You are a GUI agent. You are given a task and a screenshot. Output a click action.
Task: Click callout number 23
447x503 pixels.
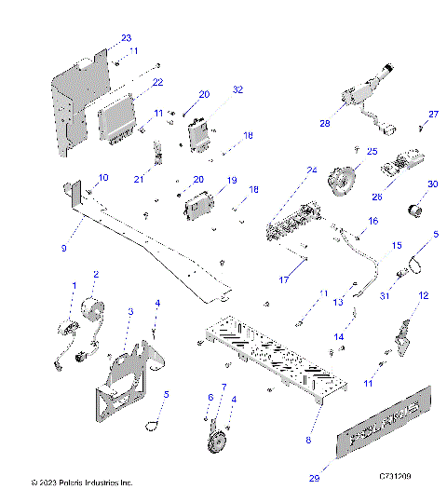click(127, 38)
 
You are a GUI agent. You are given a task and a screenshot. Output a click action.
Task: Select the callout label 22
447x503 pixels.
click(158, 83)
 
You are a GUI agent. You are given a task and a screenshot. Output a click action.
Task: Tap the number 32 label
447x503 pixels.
click(237, 89)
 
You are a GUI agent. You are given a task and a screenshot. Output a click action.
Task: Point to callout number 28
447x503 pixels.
click(325, 123)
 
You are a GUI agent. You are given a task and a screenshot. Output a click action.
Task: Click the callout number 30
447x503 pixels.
click(431, 184)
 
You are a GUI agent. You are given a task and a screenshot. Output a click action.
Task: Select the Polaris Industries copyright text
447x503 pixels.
click(82, 483)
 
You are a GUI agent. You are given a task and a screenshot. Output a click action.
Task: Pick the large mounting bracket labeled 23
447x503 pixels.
click(70, 102)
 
